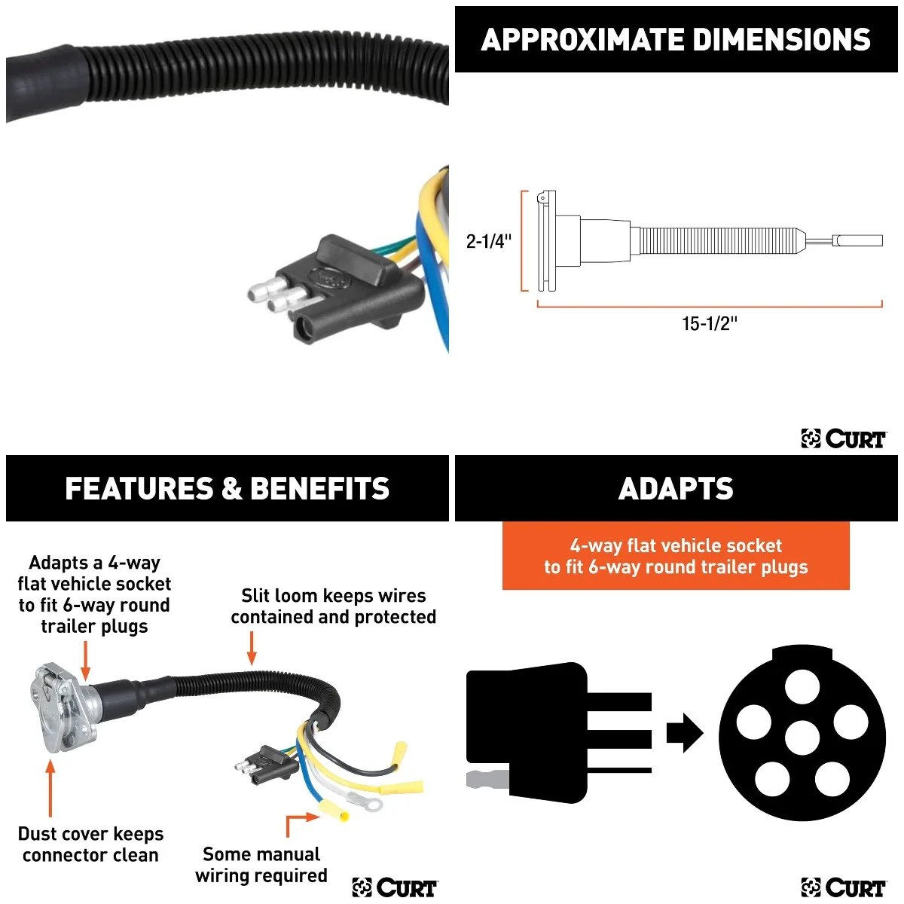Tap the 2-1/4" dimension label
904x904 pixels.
point(488,241)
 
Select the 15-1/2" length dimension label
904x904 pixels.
point(709,324)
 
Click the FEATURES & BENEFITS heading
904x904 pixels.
point(227,489)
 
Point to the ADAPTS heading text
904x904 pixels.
point(676,489)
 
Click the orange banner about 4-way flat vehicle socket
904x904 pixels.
point(676,556)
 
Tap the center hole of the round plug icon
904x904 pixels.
point(802,737)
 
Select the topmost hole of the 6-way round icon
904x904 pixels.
point(802,686)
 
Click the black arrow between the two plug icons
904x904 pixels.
point(684,732)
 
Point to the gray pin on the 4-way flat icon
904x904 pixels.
point(487,779)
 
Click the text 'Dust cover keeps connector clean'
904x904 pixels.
point(90,844)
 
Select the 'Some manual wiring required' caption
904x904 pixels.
point(261,865)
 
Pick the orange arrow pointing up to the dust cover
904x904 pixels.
point(50,788)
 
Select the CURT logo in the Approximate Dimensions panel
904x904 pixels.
point(844,438)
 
